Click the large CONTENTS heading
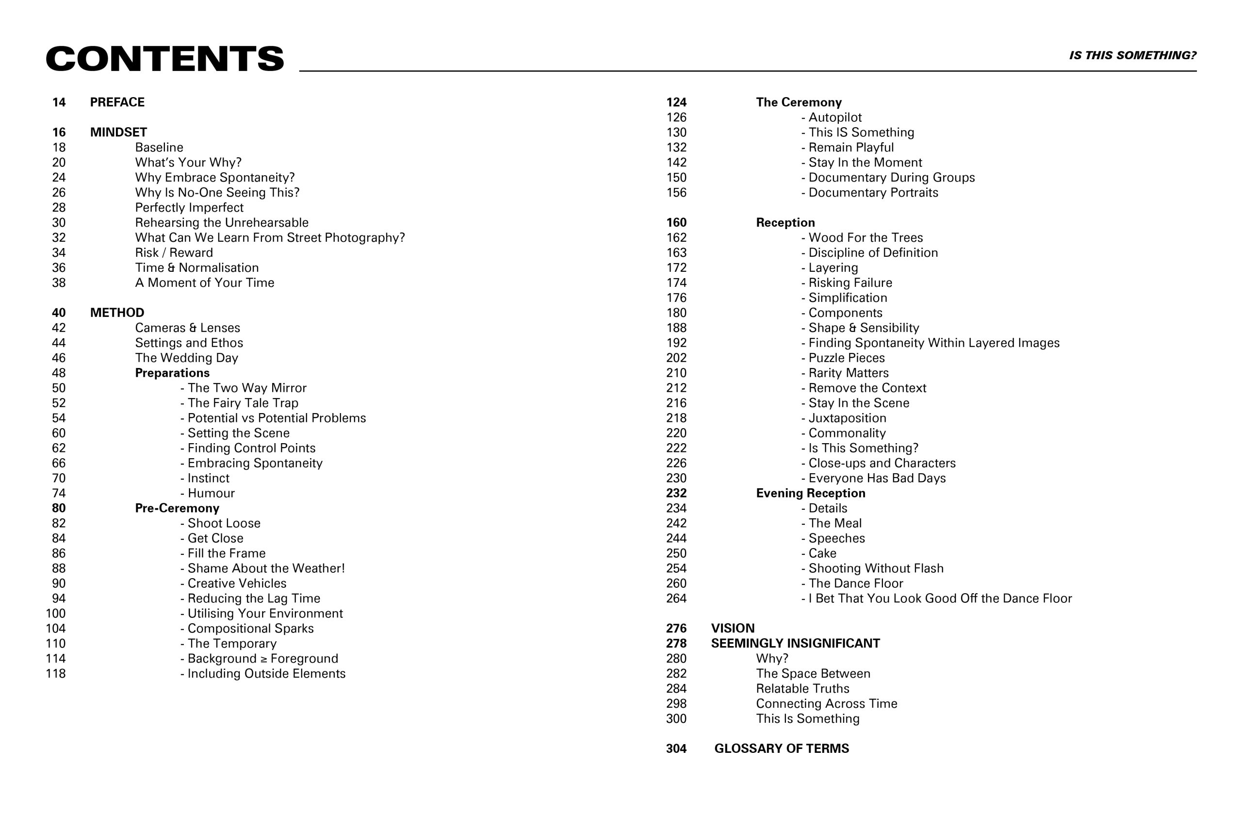click(165, 58)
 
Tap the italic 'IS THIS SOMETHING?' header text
click(1132, 56)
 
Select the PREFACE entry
click(117, 102)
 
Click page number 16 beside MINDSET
click(59, 133)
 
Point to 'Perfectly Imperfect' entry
click(189, 208)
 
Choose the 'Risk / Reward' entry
click(174, 253)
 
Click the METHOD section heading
click(117, 313)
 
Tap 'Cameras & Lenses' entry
click(187, 328)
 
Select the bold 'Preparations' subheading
click(172, 373)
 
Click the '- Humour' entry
click(208, 493)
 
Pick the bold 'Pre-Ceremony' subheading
click(177, 508)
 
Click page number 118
click(56, 674)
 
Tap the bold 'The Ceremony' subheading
click(799, 102)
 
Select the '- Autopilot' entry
click(832, 117)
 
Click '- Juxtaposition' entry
click(844, 418)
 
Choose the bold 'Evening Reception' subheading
click(810, 493)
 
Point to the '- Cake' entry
click(819, 553)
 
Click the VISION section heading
click(733, 629)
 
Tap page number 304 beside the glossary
click(676, 749)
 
